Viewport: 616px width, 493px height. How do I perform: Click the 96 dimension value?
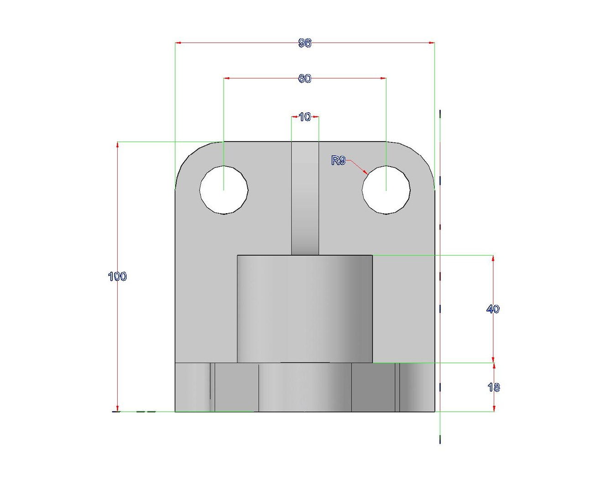[305, 43]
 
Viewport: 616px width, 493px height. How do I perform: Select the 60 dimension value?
[305, 79]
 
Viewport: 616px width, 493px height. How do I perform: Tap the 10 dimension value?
[305, 117]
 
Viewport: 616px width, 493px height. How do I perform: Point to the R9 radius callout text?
[338, 160]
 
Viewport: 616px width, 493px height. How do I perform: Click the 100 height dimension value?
[117, 276]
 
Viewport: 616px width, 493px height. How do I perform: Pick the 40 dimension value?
[493, 309]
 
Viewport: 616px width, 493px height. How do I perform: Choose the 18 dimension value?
[493, 387]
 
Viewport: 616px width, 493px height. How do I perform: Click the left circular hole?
[224, 189]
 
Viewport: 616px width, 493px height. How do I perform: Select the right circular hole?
[386, 189]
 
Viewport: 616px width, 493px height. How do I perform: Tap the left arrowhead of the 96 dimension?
[178, 43]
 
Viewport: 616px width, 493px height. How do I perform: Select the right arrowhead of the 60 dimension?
[383, 78]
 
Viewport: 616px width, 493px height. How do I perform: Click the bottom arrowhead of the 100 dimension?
[118, 409]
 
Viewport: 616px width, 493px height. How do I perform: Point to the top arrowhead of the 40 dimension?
[493, 258]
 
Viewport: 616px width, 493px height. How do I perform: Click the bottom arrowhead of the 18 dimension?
[494, 409]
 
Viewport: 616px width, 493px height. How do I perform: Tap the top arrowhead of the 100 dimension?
[118, 145]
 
